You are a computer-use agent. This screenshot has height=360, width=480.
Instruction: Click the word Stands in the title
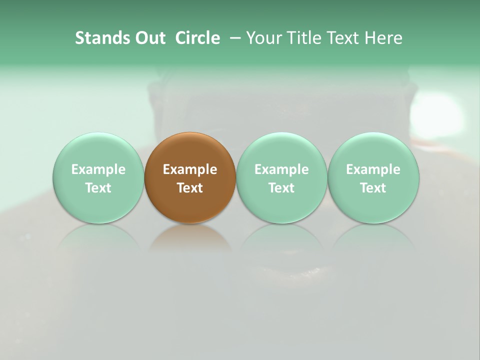tap(102, 38)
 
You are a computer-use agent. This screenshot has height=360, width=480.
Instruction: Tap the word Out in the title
tap(149, 38)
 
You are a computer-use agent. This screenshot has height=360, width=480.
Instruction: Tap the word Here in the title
tap(383, 38)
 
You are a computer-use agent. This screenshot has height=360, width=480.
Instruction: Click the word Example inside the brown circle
tap(190, 169)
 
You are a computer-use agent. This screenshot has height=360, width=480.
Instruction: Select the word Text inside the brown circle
tap(190, 188)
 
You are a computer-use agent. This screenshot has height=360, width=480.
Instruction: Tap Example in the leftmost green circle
tap(98, 169)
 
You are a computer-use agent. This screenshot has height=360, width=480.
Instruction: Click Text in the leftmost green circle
tap(98, 188)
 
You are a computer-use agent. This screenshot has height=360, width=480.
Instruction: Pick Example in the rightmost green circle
tap(373, 169)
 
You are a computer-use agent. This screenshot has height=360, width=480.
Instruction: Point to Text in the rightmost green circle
tap(373, 188)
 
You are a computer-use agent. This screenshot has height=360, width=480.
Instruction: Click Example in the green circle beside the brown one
tap(281, 169)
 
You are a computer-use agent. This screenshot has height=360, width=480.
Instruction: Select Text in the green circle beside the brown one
tap(281, 188)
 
